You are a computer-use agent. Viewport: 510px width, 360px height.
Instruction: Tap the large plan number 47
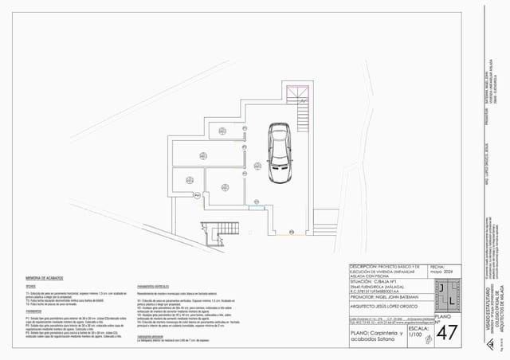[449, 331]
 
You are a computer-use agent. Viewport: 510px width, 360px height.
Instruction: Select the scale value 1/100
[415, 335]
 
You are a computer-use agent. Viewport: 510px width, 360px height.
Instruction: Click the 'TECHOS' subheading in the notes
[30, 286]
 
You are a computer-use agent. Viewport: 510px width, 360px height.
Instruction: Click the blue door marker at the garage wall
[255, 209]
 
